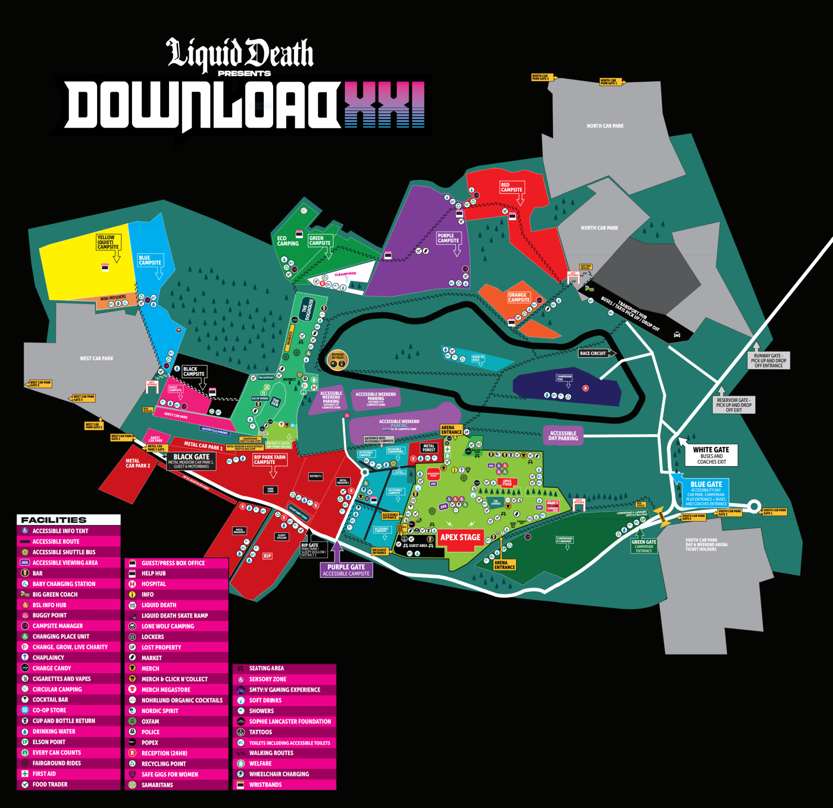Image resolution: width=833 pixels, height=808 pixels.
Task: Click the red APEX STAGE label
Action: click(x=460, y=537)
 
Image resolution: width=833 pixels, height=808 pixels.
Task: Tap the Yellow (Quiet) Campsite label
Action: click(x=108, y=242)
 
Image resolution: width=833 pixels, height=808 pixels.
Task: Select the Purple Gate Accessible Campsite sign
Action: click(x=346, y=570)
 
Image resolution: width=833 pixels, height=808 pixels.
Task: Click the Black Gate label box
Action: click(x=191, y=461)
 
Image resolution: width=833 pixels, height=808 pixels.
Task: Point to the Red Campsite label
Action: click(x=511, y=187)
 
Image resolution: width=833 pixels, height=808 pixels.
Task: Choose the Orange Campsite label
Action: click(x=519, y=297)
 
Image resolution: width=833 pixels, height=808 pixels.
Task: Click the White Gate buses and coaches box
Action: click(x=711, y=455)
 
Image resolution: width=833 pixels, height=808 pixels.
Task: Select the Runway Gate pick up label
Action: click(x=768, y=360)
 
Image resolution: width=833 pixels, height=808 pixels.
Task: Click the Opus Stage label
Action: click(x=507, y=483)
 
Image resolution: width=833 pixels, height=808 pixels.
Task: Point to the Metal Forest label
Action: click(x=429, y=448)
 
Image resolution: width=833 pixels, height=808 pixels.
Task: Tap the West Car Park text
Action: click(x=97, y=358)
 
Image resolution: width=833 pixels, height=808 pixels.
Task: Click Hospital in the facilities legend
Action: click(x=153, y=584)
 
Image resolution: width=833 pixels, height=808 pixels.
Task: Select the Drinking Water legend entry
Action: click(x=54, y=731)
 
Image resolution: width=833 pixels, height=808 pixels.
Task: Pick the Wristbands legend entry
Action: click(x=265, y=785)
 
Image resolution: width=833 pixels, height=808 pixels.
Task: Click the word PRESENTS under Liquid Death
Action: click(x=244, y=74)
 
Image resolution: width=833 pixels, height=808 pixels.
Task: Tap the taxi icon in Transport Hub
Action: click(x=677, y=334)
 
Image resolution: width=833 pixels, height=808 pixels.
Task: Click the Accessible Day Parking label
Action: click(x=563, y=436)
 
